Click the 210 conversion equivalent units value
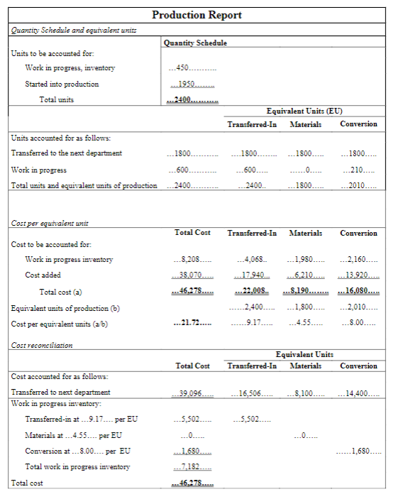358,170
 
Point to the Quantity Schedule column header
195,43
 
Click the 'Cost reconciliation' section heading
41,346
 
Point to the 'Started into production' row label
62,84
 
